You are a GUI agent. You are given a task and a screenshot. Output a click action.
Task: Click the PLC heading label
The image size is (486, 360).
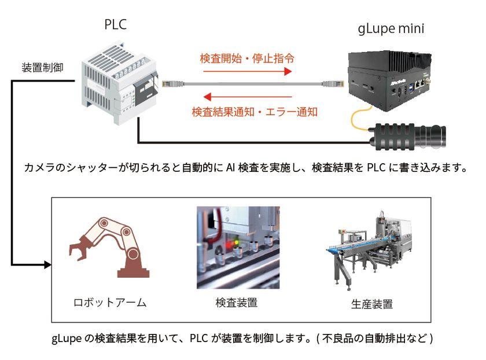pyautogui.click(x=115, y=24)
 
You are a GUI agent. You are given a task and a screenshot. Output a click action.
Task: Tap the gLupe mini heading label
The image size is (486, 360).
pyautogui.click(x=391, y=29)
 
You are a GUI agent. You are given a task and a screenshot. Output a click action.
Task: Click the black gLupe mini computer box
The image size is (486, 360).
pyautogui.click(x=390, y=80)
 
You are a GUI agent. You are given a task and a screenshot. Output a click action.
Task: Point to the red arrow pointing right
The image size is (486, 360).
pyautogui.click(x=248, y=72)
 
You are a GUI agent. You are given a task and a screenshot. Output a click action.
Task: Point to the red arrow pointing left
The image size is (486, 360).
pyautogui.click(x=248, y=97)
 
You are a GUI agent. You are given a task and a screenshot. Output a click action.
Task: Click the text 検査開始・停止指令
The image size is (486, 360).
pyautogui.click(x=247, y=58)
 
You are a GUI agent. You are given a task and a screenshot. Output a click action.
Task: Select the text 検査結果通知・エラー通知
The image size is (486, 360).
pyautogui.click(x=255, y=112)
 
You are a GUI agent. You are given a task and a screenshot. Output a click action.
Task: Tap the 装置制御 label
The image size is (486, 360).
pyautogui.click(x=42, y=68)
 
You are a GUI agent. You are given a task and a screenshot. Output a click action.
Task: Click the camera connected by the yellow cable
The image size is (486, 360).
pyautogui.click(x=408, y=137)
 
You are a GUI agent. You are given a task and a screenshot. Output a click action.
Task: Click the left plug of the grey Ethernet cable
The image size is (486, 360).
pyautogui.click(x=173, y=84)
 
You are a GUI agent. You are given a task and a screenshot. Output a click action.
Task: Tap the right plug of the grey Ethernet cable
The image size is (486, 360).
pyautogui.click(x=333, y=84)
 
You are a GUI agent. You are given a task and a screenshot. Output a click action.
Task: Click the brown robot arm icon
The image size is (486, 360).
pyautogui.click(x=109, y=247)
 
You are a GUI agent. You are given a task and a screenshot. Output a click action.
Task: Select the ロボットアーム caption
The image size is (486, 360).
pyautogui.click(x=110, y=302)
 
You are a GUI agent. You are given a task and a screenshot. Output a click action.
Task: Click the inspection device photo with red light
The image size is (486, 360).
pyautogui.click(x=238, y=248)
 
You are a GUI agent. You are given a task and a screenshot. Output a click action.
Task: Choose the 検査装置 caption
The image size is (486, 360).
pyautogui.click(x=237, y=303)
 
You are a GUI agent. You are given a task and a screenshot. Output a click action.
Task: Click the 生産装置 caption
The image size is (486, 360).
pyautogui.click(x=372, y=304)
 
